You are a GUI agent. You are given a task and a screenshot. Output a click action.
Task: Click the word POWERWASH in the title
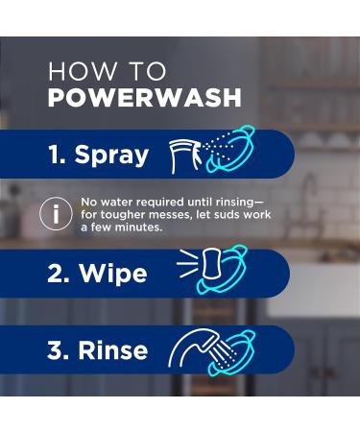(x=144, y=98)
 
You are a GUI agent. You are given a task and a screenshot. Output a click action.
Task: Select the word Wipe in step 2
(x=112, y=274)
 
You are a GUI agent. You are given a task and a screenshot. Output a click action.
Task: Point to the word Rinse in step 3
(x=113, y=350)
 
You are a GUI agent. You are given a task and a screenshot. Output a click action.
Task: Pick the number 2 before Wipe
(x=58, y=274)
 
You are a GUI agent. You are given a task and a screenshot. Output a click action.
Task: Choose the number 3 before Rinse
(x=58, y=350)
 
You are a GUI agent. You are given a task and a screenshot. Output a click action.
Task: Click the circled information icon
(x=56, y=214)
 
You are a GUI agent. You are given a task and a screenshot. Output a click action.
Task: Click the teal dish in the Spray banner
(x=235, y=151)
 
